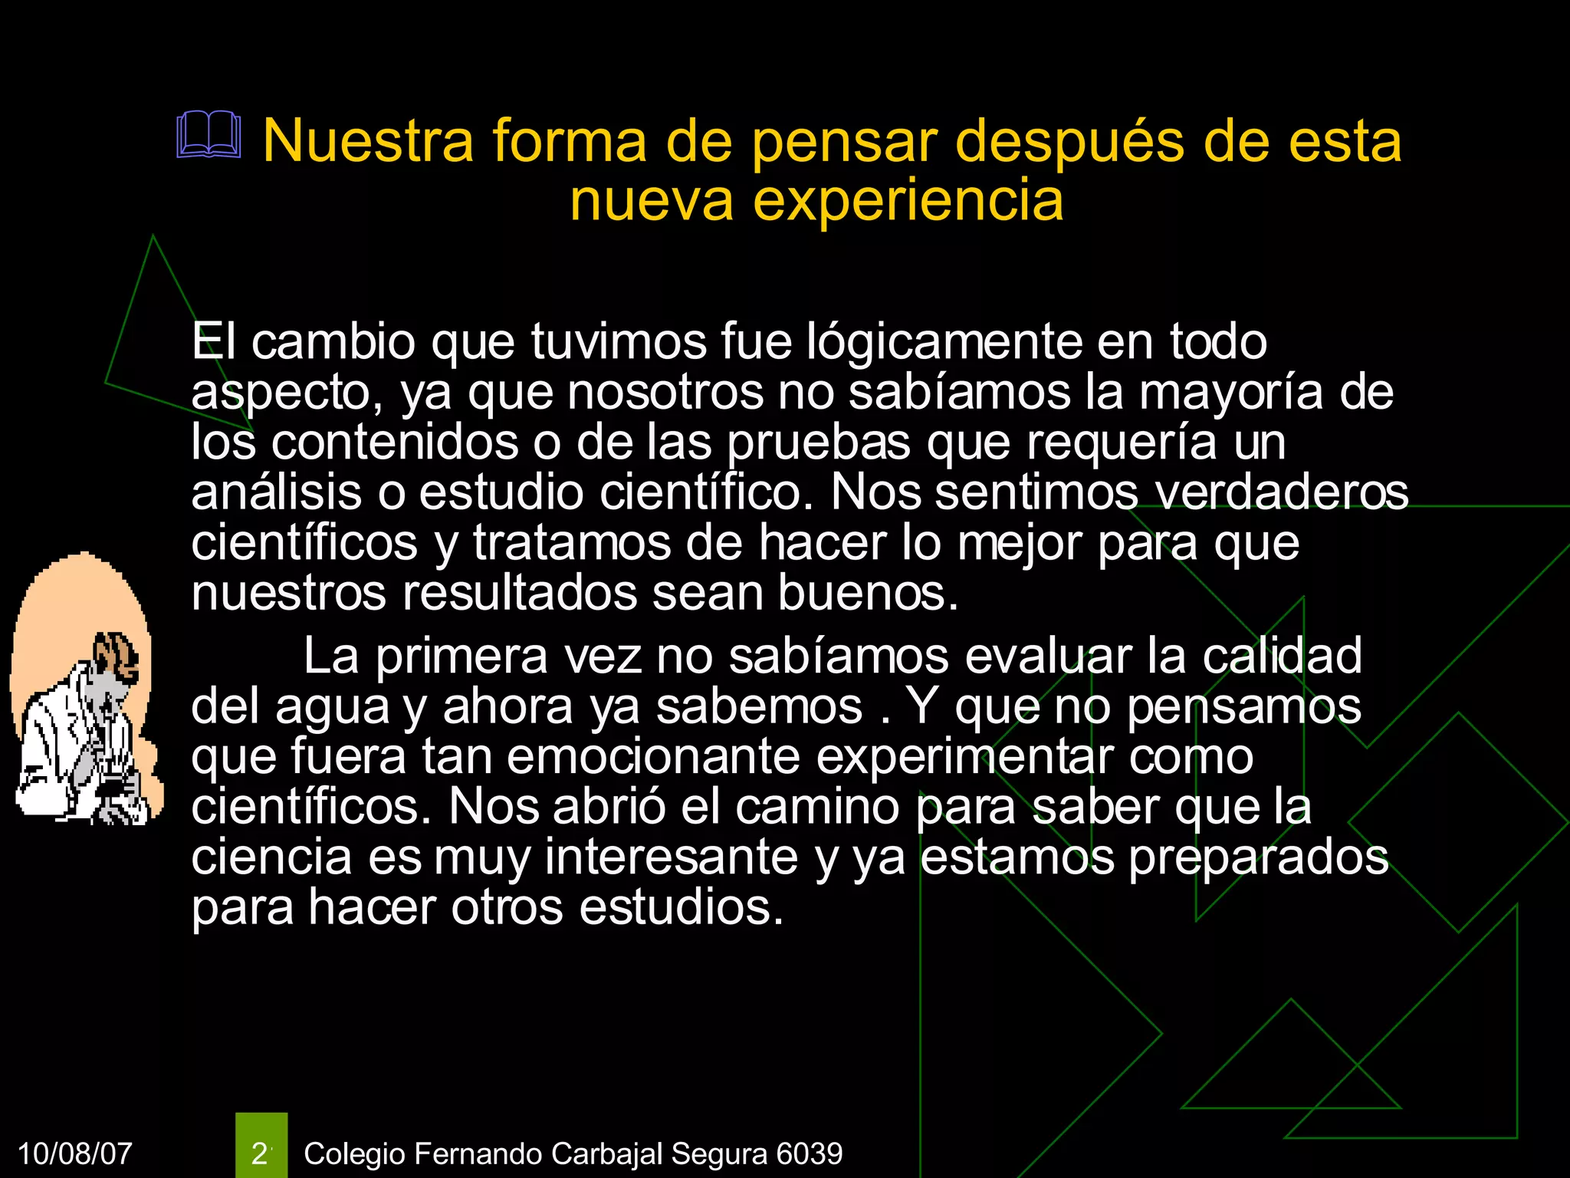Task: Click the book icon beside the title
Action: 209,136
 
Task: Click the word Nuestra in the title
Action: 369,141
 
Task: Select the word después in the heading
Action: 1069,143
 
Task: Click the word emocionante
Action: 653,757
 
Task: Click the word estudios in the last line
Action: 681,907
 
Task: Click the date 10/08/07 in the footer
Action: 74,1153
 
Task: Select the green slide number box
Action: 261,1145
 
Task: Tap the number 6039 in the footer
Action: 809,1153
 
